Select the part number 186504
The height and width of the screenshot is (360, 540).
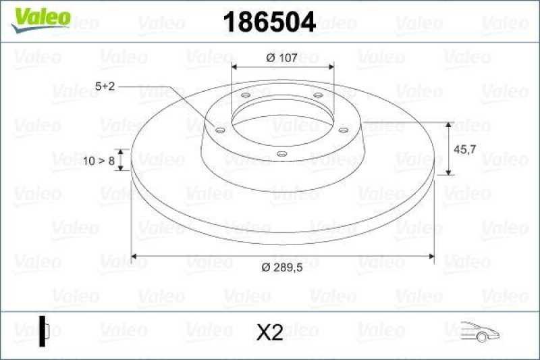pyautogui.click(x=269, y=22)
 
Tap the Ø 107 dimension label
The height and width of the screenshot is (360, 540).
pyautogui.click(x=282, y=58)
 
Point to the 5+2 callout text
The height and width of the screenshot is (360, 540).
pyautogui.click(x=105, y=86)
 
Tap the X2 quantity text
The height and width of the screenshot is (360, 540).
pyautogui.click(x=270, y=332)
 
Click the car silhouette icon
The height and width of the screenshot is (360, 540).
pyautogui.click(x=480, y=332)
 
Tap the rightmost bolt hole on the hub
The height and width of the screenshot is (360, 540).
pyautogui.click(x=343, y=130)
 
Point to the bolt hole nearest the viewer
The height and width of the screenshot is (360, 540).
pyautogui.click(x=281, y=155)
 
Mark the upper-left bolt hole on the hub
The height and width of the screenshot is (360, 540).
pyautogui.click(x=245, y=96)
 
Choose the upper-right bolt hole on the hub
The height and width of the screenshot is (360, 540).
pyautogui.click(x=317, y=96)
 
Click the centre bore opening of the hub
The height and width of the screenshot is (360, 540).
pyautogui.click(x=281, y=122)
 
